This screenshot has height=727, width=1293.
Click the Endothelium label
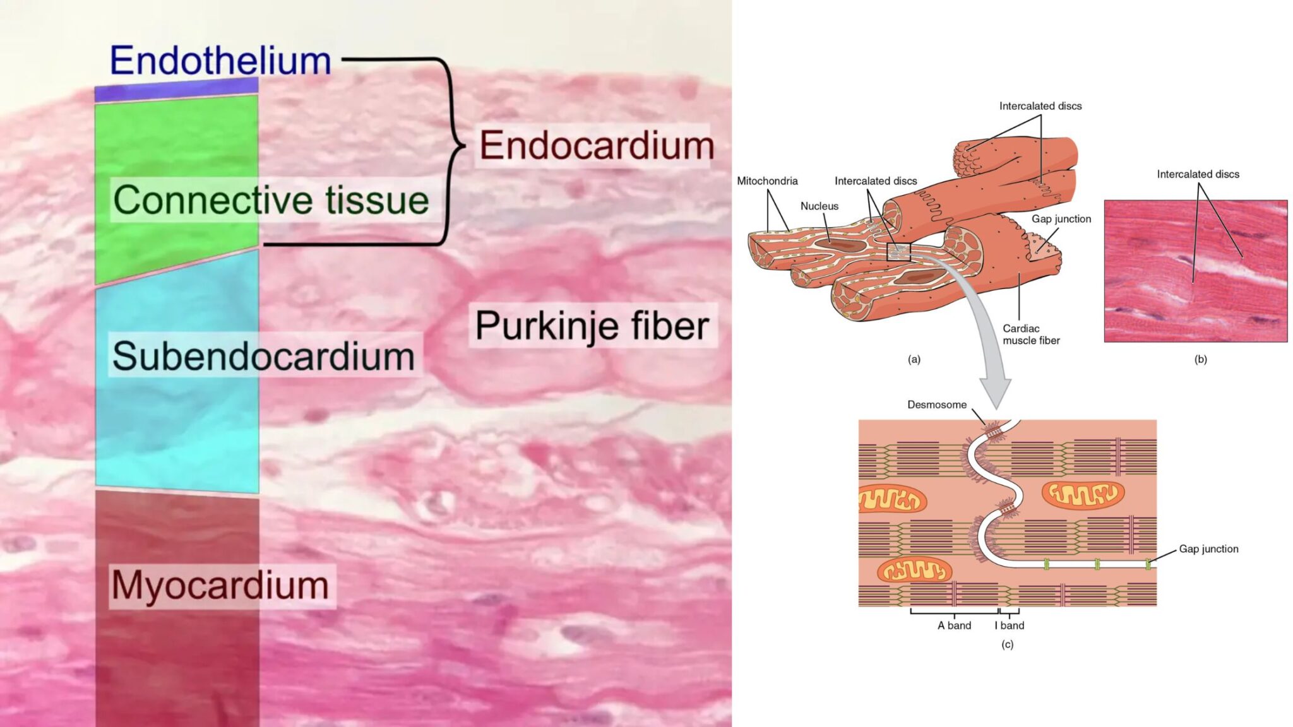coord(220,61)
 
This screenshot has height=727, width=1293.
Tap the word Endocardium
coord(596,146)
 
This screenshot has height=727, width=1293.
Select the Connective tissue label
coord(271,201)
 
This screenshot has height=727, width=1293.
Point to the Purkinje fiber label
coord(592,326)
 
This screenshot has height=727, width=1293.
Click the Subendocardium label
coord(263,356)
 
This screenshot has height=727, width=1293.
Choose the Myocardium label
coord(220,586)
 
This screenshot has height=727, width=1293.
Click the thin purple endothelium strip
coord(176,90)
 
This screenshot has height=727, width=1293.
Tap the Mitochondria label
coord(767,181)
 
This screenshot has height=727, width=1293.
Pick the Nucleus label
coord(819,206)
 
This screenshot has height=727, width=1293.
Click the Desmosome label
coord(937,405)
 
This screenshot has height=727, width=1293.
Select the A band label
coord(954,625)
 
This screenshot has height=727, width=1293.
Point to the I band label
coord(1010,625)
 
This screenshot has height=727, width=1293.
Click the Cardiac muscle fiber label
coord(1031,334)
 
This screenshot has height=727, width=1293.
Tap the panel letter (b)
coord(1200,359)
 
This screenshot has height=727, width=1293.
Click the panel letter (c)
coord(1007,644)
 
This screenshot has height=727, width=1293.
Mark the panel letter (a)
coord(914,359)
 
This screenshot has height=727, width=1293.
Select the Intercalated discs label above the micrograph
coord(1198,174)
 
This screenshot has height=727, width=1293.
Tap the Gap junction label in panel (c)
coord(1208,549)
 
